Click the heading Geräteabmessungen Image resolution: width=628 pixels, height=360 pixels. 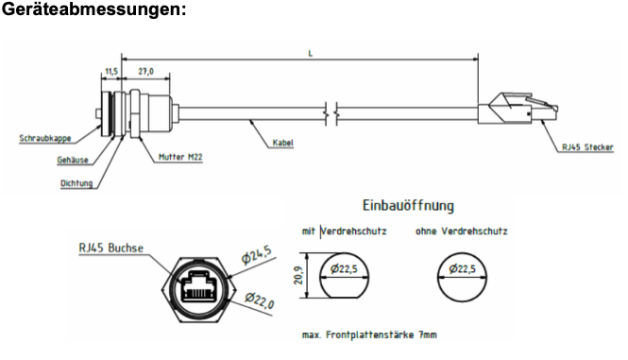click(93, 9)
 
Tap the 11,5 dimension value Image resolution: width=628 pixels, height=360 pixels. click(111, 72)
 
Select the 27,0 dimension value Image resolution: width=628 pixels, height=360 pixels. click(145, 72)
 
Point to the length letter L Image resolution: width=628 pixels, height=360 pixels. click(311, 53)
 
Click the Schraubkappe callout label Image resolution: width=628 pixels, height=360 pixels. click(45, 138)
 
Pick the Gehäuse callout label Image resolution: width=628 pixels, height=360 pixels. click(73, 160)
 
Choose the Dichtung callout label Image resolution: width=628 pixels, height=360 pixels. click(76, 183)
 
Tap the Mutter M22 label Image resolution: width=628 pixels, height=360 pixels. click(180, 157)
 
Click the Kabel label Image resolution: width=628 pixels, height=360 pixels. click(282, 143)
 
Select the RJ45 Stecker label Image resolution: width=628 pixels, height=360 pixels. click(587, 147)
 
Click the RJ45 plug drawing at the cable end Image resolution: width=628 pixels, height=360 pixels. click(518, 109)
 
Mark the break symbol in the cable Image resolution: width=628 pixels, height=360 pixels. click(331, 113)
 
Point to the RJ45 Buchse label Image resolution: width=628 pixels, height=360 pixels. click(110, 249)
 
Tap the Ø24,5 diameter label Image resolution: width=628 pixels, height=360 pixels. click(257, 255)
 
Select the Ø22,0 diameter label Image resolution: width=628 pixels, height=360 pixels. click(260, 300)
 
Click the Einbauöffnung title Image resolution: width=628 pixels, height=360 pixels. click(408, 206)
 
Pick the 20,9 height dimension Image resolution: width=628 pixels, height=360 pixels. click(298, 275)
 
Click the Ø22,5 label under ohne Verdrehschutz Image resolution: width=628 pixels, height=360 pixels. click(462, 268)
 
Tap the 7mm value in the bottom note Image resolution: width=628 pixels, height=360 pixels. click(428, 334)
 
